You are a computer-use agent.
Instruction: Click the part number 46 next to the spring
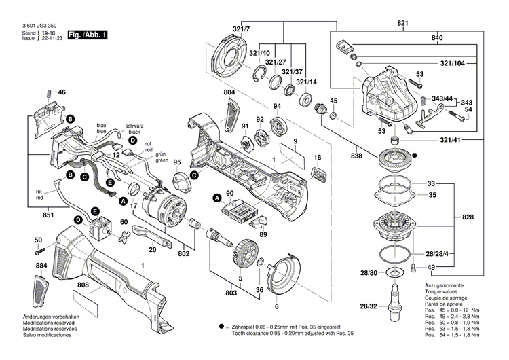coord(62,92)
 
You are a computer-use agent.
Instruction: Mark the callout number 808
coord(83,285)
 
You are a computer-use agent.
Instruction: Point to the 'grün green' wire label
coord(162,158)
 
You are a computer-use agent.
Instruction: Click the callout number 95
coord(176,162)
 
